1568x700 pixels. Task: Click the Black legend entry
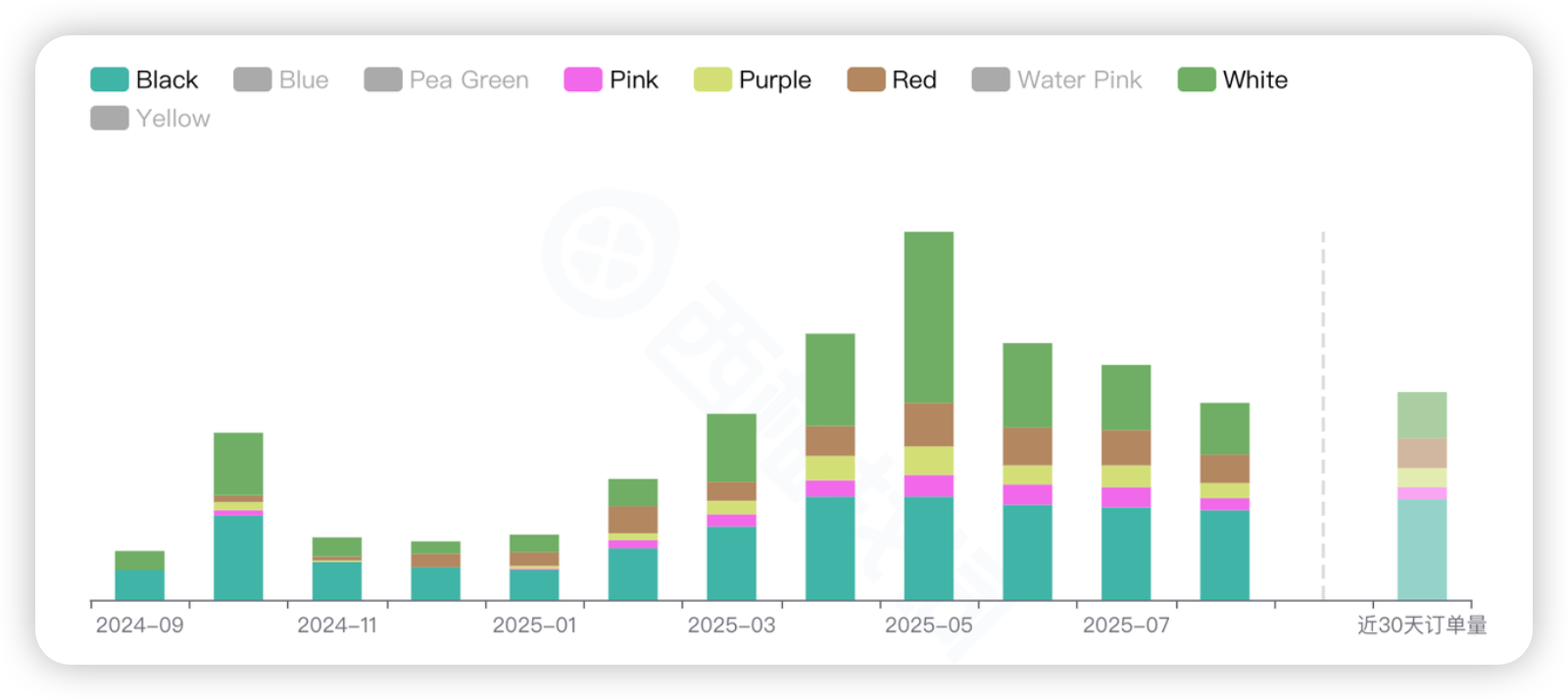point(145,79)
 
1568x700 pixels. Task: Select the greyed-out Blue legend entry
point(281,79)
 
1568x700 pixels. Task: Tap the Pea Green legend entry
point(447,79)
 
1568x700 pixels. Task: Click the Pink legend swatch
point(583,79)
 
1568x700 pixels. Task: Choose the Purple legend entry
point(753,79)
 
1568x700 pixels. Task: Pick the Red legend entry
point(893,79)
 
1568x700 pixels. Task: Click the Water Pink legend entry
point(1057,79)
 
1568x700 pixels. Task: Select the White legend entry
point(1234,79)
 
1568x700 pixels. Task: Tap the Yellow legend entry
point(151,119)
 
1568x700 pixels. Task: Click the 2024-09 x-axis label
point(140,625)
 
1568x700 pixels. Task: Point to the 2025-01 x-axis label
point(534,625)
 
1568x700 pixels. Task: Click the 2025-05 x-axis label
point(928,625)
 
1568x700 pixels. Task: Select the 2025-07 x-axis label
point(1126,625)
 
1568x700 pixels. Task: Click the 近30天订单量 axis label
point(1422,625)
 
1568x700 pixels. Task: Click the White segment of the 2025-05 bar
point(928,317)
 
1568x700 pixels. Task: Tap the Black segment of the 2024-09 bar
point(140,584)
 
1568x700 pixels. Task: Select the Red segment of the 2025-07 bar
point(1126,447)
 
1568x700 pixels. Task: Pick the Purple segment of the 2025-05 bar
point(928,461)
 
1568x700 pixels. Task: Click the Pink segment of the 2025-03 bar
point(731,521)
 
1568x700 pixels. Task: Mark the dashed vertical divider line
point(1323,412)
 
